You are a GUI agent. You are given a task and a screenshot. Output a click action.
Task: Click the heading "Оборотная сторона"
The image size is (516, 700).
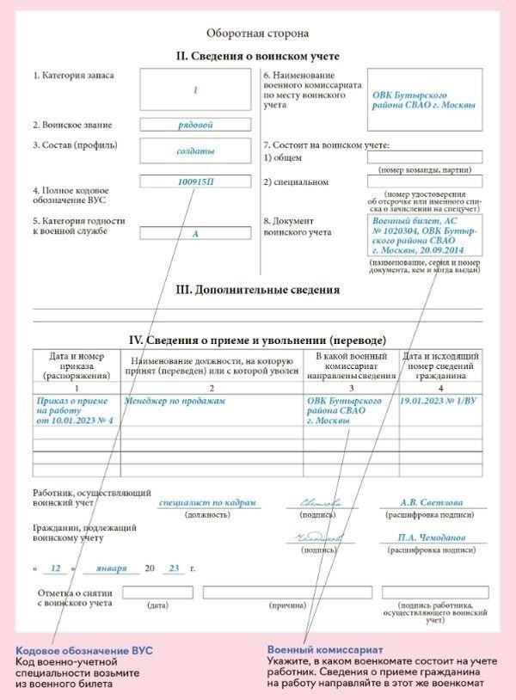pyautogui.click(x=257, y=34)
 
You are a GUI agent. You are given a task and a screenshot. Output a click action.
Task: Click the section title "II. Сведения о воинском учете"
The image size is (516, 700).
pyautogui.click(x=257, y=57)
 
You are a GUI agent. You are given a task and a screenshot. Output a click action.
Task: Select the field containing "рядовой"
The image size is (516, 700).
pyautogui.click(x=195, y=124)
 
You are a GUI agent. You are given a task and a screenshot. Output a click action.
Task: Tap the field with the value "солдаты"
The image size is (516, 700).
pyautogui.click(x=195, y=150)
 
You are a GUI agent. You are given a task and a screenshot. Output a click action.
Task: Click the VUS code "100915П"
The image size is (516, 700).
pyautogui.click(x=195, y=182)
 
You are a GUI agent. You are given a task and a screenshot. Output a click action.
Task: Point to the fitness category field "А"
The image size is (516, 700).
pyautogui.click(x=195, y=233)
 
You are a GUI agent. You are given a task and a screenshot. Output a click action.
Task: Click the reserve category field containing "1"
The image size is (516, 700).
pyautogui.click(x=195, y=89)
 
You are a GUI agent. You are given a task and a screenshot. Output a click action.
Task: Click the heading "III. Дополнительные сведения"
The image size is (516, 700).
pyautogui.click(x=257, y=290)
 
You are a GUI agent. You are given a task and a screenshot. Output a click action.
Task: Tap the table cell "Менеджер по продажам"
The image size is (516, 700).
pyautogui.click(x=175, y=401)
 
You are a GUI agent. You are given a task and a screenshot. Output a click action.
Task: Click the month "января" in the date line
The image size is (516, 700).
pyautogui.click(x=112, y=569)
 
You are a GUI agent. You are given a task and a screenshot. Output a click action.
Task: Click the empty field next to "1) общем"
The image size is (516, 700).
pyautogui.click(x=425, y=157)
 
